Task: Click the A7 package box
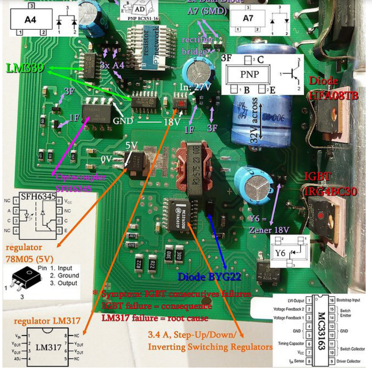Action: click(x=248, y=18)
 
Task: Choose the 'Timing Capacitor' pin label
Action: click(x=289, y=343)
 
